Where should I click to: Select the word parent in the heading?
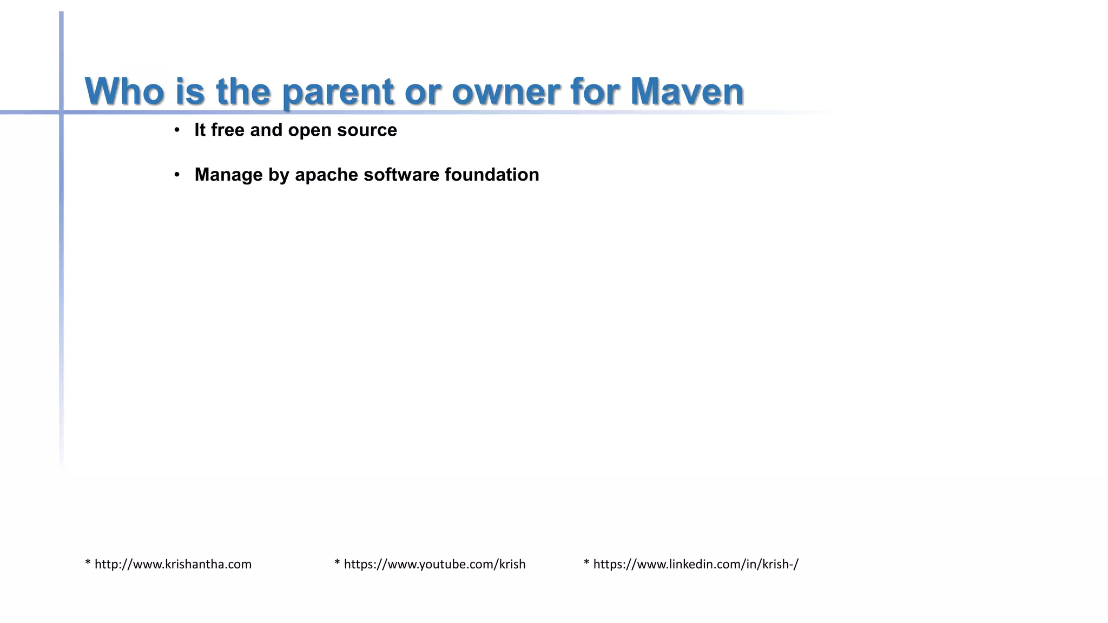click(338, 92)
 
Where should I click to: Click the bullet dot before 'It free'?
click(177, 130)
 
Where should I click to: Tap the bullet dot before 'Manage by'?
click(177, 175)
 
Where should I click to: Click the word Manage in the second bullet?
click(228, 175)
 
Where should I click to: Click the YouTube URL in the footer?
click(434, 565)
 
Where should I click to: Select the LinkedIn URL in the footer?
click(696, 565)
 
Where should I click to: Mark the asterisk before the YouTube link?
click(337, 563)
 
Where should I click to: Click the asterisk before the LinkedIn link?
click(586, 563)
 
